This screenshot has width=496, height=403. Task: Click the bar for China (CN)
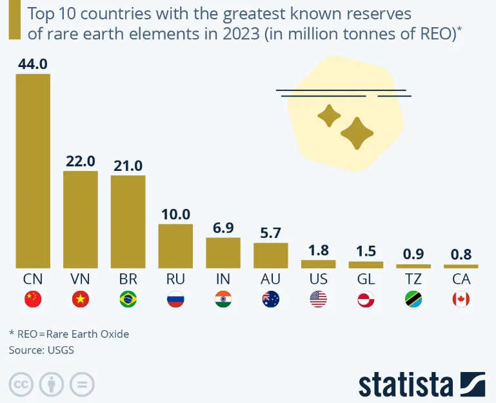(33, 171)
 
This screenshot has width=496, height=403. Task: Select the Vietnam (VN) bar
(81, 219)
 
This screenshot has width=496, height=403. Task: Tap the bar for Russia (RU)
(175, 246)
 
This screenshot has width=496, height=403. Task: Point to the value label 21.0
(128, 166)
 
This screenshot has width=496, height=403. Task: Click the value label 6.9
(223, 228)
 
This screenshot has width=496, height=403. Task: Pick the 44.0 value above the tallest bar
(33, 64)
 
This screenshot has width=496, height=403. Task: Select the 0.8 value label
(461, 255)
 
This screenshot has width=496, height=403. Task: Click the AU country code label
(270, 279)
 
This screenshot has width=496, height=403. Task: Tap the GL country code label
(366, 279)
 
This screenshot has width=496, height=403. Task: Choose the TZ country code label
(413, 279)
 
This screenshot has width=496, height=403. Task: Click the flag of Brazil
(128, 299)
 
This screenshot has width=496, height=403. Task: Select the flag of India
(223, 299)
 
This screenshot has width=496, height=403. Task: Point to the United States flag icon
(319, 299)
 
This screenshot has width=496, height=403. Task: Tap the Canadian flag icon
(461, 299)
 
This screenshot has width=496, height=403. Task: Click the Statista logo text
(406, 384)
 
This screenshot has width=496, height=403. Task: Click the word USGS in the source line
(62, 350)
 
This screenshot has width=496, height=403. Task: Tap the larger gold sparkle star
(357, 133)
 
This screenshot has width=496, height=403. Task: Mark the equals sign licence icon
(81, 385)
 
